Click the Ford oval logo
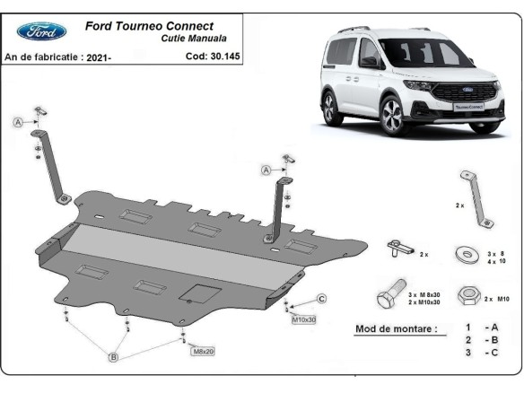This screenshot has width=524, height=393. pos(40,31)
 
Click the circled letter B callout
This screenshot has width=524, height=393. pos(114,358)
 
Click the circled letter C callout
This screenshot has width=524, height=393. pos(321,299)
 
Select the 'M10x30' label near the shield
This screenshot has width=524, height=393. pos(303,319)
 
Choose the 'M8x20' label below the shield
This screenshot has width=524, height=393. pos(203,351)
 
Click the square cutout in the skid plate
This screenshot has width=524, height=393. pos(197,293)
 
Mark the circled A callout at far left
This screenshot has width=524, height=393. pos(18,123)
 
